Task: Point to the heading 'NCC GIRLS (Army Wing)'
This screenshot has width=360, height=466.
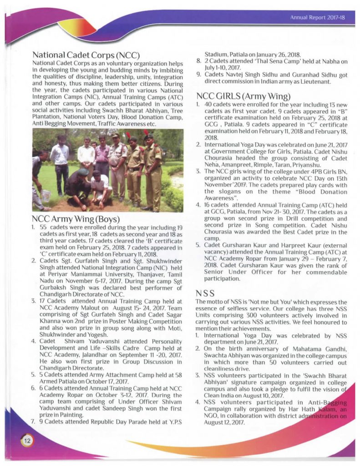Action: coord(243,96)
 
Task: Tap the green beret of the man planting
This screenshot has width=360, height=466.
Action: coord(83,172)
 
